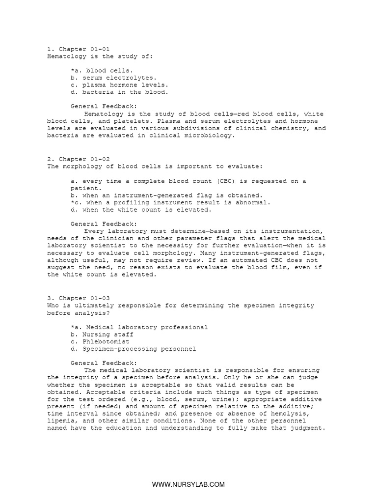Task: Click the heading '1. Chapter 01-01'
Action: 79,49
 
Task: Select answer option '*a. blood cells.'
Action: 102,71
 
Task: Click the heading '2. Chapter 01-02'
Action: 79,159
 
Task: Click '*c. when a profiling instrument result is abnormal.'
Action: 170,202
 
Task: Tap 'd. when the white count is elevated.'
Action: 141,210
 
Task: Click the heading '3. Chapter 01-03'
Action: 79,298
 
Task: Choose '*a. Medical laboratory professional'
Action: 139,327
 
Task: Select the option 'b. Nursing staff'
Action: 102,335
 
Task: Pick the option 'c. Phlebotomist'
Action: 100,341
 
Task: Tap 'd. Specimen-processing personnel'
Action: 133,349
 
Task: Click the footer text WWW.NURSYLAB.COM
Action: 188,484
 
